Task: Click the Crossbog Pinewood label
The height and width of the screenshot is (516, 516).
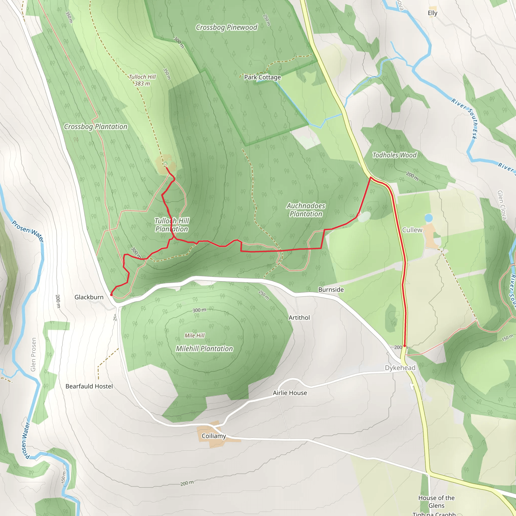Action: pyautogui.click(x=227, y=27)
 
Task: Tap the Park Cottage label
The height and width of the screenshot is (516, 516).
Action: pyautogui.click(x=262, y=77)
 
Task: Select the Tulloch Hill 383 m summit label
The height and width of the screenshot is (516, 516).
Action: pyautogui.click(x=142, y=80)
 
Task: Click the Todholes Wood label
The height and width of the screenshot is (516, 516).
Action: pyautogui.click(x=394, y=155)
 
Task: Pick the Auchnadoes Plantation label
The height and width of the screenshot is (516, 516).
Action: pyautogui.click(x=306, y=210)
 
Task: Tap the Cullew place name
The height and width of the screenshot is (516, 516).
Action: pyautogui.click(x=412, y=230)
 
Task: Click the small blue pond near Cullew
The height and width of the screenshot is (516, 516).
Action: pyautogui.click(x=428, y=218)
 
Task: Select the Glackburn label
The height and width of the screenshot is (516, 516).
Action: pyautogui.click(x=89, y=297)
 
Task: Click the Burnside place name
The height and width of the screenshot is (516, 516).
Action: pyautogui.click(x=331, y=289)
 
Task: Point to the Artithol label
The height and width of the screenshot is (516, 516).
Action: pyautogui.click(x=299, y=317)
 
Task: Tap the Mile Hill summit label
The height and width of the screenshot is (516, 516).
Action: pyautogui.click(x=195, y=335)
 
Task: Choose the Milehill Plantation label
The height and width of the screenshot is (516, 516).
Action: pyautogui.click(x=204, y=348)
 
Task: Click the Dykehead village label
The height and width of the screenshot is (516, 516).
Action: pyautogui.click(x=400, y=368)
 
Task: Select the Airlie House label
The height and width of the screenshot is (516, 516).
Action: pyautogui.click(x=290, y=393)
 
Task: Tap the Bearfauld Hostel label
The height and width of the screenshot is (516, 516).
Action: pyautogui.click(x=89, y=386)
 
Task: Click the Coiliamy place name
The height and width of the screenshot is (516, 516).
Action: pyautogui.click(x=214, y=436)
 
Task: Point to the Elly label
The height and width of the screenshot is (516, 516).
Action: pyautogui.click(x=432, y=13)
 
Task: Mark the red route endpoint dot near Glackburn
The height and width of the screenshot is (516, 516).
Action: pyautogui.click(x=111, y=295)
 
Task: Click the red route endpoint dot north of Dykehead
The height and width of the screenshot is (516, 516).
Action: pyautogui.click(x=405, y=346)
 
